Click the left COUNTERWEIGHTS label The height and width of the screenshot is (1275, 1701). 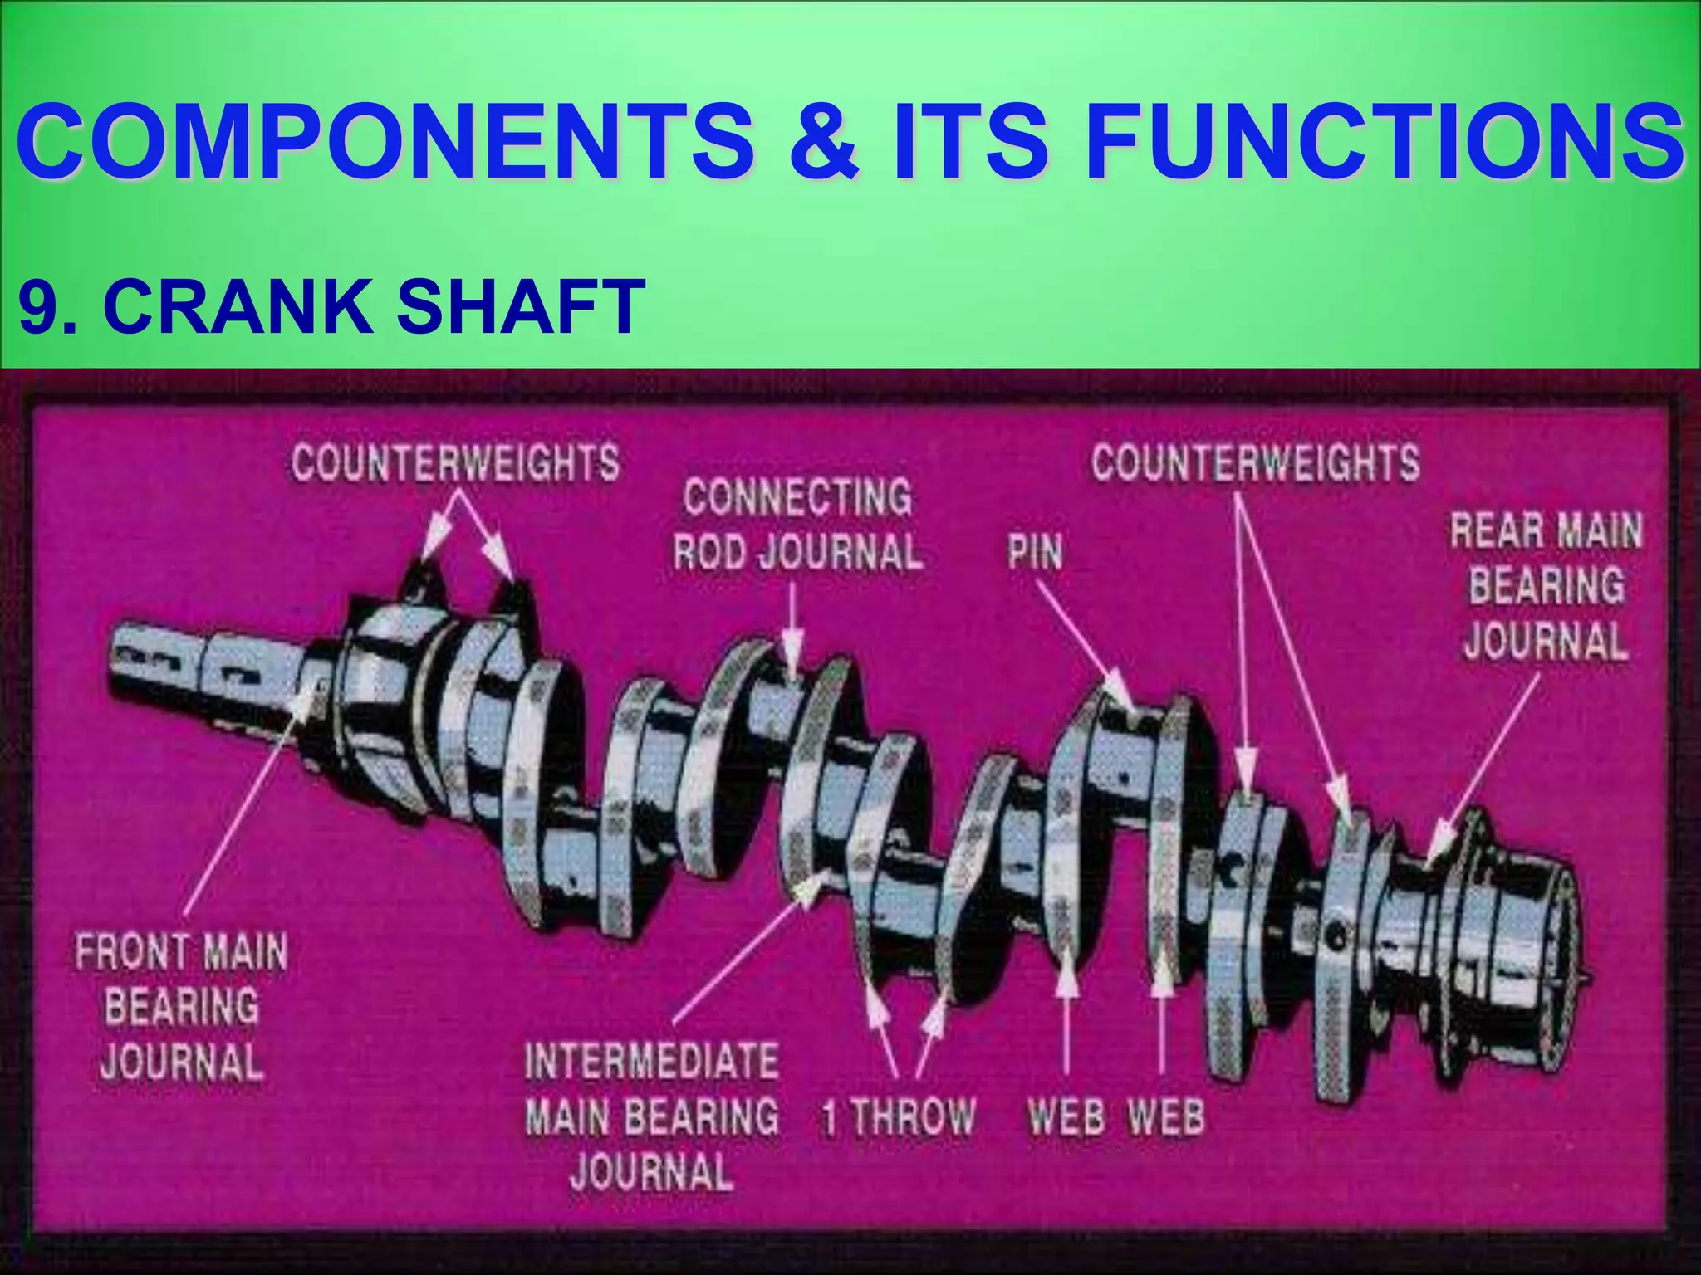pos(455,462)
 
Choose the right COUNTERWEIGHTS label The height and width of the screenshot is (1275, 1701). pos(1255,462)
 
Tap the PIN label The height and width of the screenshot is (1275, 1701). pos(1035,551)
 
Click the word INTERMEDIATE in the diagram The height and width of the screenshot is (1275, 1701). pos(652,1062)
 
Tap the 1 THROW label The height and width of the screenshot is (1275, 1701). pos(899,1116)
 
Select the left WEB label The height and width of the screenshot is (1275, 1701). pos(1066,1116)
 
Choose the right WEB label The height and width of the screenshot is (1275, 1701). pos(1166,1116)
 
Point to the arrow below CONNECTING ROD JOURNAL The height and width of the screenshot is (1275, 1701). pos(792,631)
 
